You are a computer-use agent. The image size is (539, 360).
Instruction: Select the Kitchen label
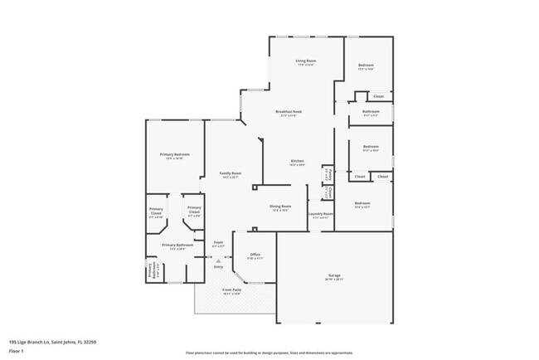(x=297, y=161)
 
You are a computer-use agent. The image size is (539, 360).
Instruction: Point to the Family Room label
(x=230, y=173)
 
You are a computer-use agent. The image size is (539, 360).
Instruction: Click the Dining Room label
(x=280, y=206)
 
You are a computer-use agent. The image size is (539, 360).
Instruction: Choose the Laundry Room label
(x=321, y=213)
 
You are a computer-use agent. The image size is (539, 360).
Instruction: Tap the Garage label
(x=333, y=276)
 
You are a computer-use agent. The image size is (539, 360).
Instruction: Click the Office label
(x=255, y=254)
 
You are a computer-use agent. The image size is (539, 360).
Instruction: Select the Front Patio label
(x=231, y=289)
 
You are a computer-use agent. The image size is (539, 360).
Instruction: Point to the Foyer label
(x=219, y=242)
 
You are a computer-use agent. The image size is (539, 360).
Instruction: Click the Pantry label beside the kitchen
(x=328, y=174)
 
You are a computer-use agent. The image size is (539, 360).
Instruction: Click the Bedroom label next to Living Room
(x=366, y=66)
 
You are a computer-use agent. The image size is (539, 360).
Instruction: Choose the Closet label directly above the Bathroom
(x=378, y=96)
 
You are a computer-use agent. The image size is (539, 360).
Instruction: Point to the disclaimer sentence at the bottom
(x=269, y=353)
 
